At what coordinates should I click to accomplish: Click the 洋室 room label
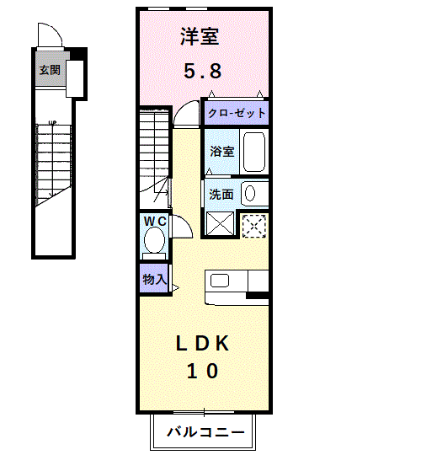pos(200,37)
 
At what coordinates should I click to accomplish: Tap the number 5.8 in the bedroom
pos(203,71)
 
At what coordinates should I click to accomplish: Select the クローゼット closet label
pos(237,113)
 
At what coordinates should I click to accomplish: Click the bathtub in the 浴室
pos(254,152)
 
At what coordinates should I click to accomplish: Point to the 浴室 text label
pos(222,152)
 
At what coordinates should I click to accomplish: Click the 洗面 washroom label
pos(221,195)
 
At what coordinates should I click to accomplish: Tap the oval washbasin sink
pos(250,193)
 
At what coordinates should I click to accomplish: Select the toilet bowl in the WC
pos(154,240)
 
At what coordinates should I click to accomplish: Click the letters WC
pos(155,222)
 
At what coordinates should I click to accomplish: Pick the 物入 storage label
pos(155,280)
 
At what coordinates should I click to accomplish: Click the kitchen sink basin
pos(220,281)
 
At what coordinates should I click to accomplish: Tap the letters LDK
pos(202,344)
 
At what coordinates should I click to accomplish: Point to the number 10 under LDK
pos(202,371)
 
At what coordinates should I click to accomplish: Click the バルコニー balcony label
pos(205,432)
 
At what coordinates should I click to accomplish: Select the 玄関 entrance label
pos(50,70)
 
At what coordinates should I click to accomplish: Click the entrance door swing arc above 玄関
pos(55,29)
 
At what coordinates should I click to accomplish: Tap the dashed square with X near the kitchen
pos(254,226)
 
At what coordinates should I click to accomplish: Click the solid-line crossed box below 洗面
pos(220,223)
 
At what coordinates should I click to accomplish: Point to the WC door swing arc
pos(187,222)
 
